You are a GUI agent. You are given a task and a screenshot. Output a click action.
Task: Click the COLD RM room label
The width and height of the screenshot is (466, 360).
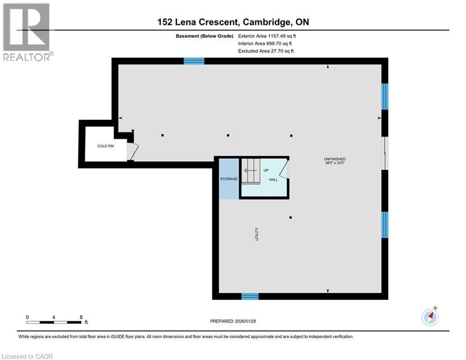pyautogui.click(x=105, y=146)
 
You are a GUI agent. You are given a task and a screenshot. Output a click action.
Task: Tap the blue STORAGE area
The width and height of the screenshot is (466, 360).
pyautogui.click(x=229, y=179)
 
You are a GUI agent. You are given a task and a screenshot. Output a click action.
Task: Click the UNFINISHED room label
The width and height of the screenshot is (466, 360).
pyautogui.click(x=334, y=159)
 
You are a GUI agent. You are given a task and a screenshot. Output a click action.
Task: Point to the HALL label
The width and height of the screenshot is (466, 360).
pyautogui.click(x=274, y=180)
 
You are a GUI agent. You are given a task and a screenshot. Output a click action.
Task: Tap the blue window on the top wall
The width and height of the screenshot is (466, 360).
pyautogui.click(x=194, y=61)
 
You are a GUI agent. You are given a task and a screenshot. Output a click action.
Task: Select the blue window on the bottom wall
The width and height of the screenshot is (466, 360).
pyautogui.click(x=250, y=296)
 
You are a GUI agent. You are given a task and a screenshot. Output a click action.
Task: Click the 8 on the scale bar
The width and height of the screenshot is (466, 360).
pyautogui.click(x=81, y=317)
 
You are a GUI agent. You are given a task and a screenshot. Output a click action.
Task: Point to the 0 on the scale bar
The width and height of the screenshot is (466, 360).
pyautogui.click(x=27, y=317)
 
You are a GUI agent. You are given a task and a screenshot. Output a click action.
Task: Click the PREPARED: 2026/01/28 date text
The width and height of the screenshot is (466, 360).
pyautogui.click(x=239, y=321)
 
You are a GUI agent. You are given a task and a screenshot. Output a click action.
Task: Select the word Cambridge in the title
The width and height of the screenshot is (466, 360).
pyautogui.click(x=265, y=22)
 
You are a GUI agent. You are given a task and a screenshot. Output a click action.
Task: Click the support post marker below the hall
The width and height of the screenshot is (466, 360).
pyautogui.click(x=290, y=217)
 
